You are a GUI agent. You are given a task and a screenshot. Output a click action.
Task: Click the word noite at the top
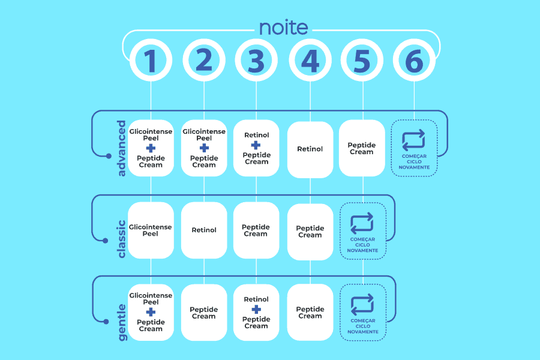click(283, 28)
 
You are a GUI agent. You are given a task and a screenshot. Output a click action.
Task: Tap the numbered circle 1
click(151, 61)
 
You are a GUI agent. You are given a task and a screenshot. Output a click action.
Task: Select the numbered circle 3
click(256, 61)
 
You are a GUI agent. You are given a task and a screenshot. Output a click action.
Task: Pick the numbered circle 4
click(310, 61)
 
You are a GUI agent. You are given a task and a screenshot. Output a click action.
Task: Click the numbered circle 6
click(415, 61)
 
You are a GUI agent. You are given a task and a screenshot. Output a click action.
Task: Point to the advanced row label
click(122, 148)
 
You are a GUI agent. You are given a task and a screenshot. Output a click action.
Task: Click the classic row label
click(122, 239)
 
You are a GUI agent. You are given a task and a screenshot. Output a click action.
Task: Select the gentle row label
click(122, 322)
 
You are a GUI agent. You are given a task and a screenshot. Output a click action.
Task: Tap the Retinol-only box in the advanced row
click(310, 149)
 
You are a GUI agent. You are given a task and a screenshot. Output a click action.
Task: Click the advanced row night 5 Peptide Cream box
click(362, 148)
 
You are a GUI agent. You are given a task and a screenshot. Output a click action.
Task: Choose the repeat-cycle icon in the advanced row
click(414, 140)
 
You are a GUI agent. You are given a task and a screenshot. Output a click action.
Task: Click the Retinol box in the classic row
click(204, 230)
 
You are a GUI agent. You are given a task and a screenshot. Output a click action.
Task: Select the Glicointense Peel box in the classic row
click(151, 230)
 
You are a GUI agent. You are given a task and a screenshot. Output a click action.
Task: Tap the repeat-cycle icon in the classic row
click(362, 222)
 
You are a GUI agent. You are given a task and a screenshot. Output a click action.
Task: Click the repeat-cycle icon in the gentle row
click(362, 304)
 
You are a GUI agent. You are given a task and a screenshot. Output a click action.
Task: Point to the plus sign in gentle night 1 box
click(151, 312)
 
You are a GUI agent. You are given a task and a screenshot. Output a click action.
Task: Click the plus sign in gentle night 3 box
click(256, 310)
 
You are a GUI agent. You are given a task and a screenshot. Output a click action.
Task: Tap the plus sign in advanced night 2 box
click(204, 148)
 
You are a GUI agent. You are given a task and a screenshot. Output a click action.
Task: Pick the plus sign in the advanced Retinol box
click(256, 145)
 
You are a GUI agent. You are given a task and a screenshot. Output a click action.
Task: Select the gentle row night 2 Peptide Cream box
click(204, 313)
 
